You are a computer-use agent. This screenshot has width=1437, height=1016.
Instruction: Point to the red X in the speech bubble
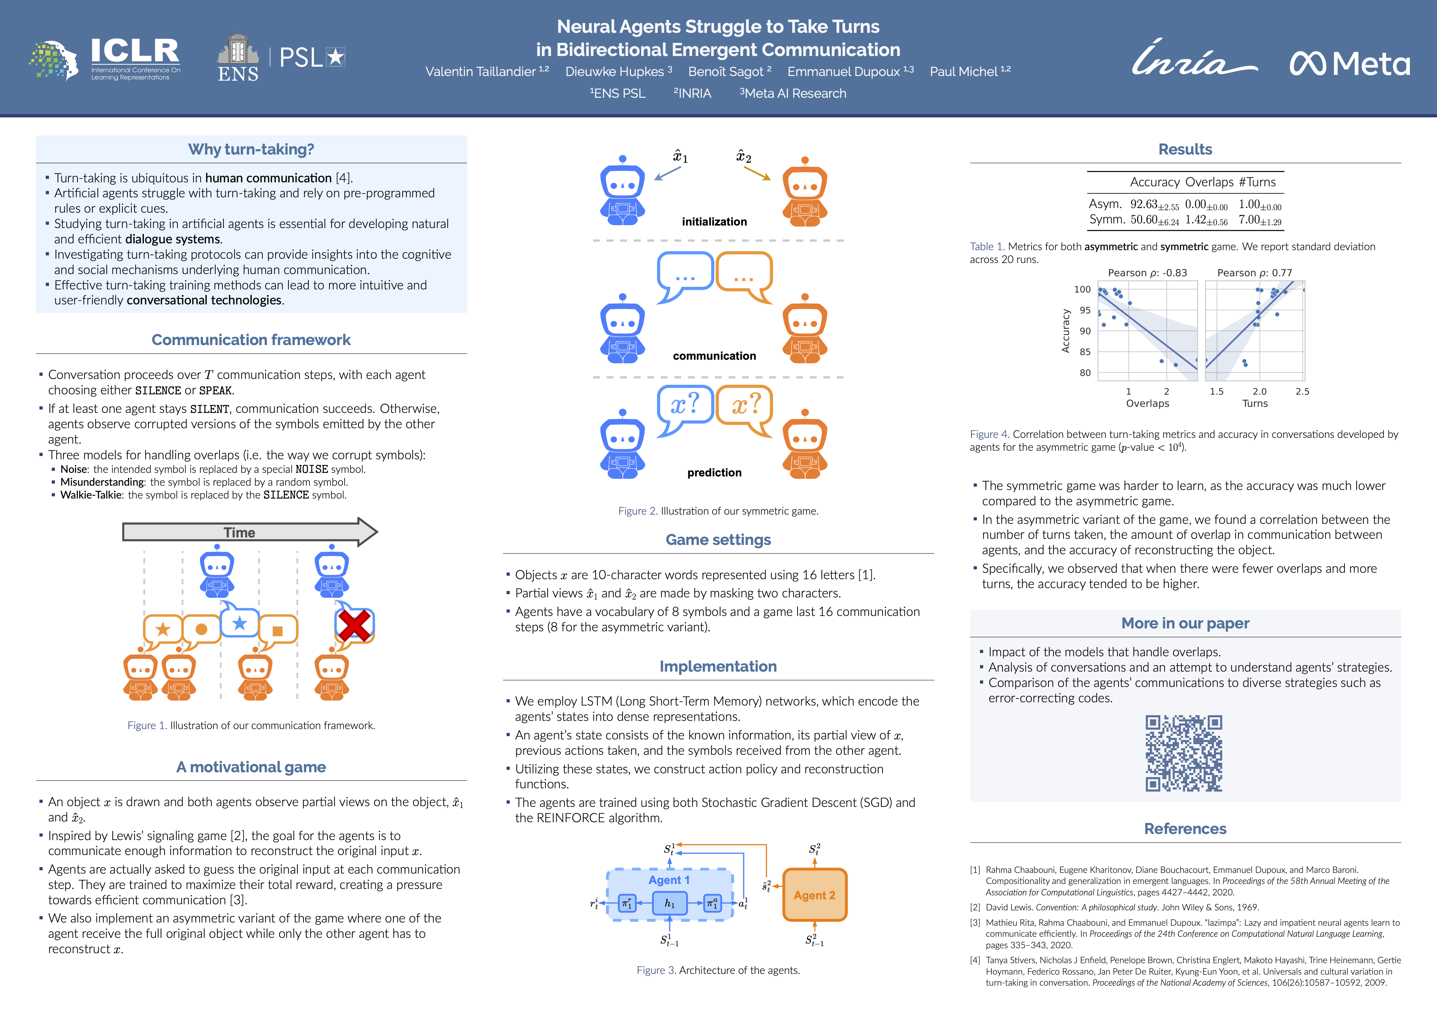tap(354, 625)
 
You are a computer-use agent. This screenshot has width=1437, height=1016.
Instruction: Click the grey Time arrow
tap(249, 532)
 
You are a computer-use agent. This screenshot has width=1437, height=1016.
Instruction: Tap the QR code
tap(1184, 754)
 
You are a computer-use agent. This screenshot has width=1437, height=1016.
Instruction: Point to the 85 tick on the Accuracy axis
tap(1085, 352)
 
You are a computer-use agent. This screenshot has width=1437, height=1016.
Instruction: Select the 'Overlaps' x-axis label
tap(1147, 404)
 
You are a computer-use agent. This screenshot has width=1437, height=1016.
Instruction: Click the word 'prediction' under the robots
tap(714, 472)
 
